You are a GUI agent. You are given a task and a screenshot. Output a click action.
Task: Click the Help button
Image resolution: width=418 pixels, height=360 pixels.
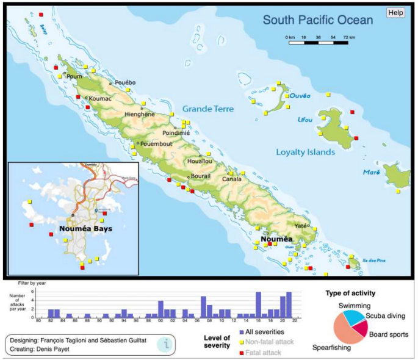(x=396, y=12)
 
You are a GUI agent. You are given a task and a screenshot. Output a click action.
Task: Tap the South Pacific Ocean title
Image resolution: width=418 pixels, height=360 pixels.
(x=317, y=20)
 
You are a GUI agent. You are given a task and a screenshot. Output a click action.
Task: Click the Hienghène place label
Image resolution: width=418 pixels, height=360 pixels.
(x=140, y=114)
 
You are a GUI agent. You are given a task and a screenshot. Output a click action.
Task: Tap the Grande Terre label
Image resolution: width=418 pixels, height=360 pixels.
(x=208, y=109)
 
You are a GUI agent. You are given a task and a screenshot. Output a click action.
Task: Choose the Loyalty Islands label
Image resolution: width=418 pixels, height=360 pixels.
(x=305, y=152)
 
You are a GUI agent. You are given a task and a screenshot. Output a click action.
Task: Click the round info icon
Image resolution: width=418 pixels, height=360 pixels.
(x=164, y=344)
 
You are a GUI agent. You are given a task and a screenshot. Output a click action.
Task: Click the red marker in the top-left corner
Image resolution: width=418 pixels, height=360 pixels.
(x=41, y=14)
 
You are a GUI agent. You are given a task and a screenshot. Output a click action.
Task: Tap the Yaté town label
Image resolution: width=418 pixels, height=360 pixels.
(x=301, y=226)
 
